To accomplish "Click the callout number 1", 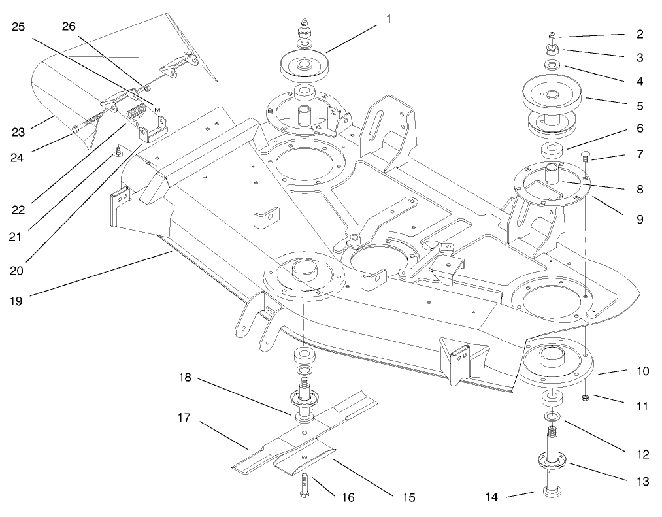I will pos(388,18).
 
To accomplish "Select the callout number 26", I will pos(68,26).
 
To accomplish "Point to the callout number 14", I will pos(492,497).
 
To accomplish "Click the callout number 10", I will pos(643,371).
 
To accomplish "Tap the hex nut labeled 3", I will pos(550,50).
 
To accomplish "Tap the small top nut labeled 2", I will pos(552,36).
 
